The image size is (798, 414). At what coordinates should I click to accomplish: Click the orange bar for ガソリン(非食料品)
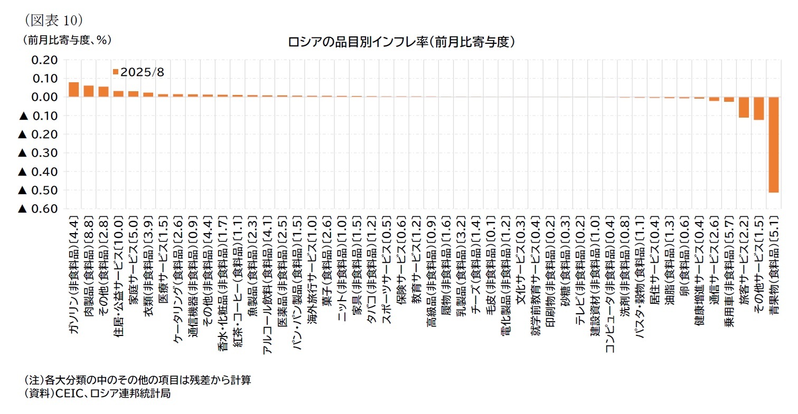click(x=73, y=90)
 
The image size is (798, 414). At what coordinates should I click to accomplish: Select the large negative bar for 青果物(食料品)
click(x=773, y=145)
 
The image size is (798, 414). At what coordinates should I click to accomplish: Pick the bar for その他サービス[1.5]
click(x=758, y=109)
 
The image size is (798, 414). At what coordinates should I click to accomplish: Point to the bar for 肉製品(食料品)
click(x=88, y=91)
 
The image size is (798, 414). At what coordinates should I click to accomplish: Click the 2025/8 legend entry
click(x=138, y=72)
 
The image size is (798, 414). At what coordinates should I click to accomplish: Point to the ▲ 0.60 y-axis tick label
click(x=37, y=209)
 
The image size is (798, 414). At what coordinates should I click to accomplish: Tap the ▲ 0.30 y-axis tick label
click(x=37, y=153)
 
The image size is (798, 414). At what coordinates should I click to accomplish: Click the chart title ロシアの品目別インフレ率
click(x=401, y=42)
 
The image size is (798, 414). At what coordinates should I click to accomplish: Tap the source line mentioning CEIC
click(x=97, y=394)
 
